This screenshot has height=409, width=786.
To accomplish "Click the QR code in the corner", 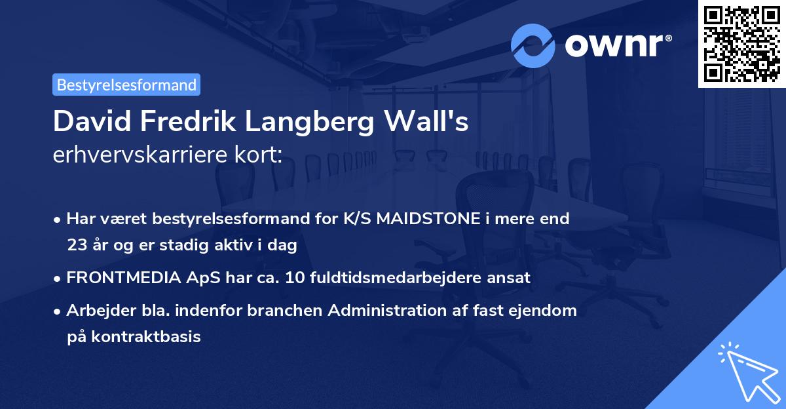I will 741,43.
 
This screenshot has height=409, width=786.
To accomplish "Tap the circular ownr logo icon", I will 533,46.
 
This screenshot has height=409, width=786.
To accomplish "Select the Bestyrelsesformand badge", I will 126,85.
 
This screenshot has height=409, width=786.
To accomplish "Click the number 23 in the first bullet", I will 77,246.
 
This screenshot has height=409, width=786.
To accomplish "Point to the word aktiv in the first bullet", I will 243,246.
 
